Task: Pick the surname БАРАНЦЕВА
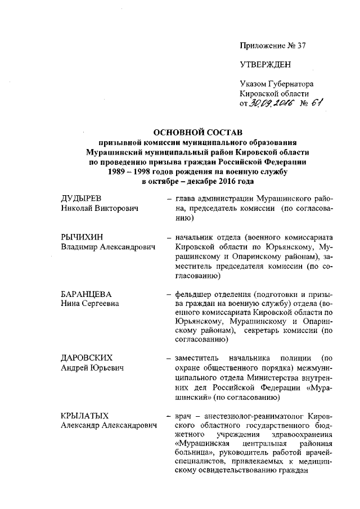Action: click(x=86, y=295)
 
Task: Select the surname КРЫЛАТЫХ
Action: click(x=85, y=416)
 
